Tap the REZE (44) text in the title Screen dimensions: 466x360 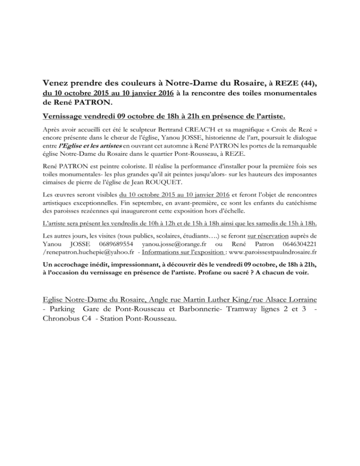tap(292, 84)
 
